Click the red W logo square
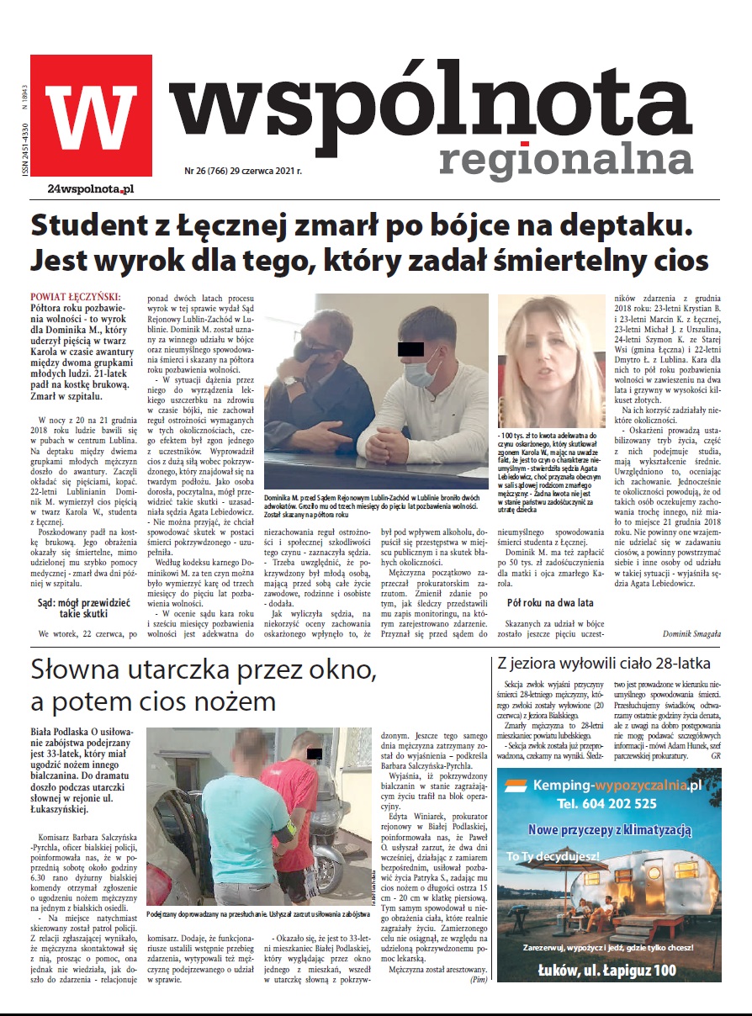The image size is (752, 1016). coord(91,115)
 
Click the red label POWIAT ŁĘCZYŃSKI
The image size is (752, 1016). coord(76,297)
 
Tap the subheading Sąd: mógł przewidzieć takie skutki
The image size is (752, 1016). coord(82,607)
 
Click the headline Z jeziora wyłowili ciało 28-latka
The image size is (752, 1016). coord(605,662)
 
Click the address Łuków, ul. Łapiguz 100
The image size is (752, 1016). coord(607,971)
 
